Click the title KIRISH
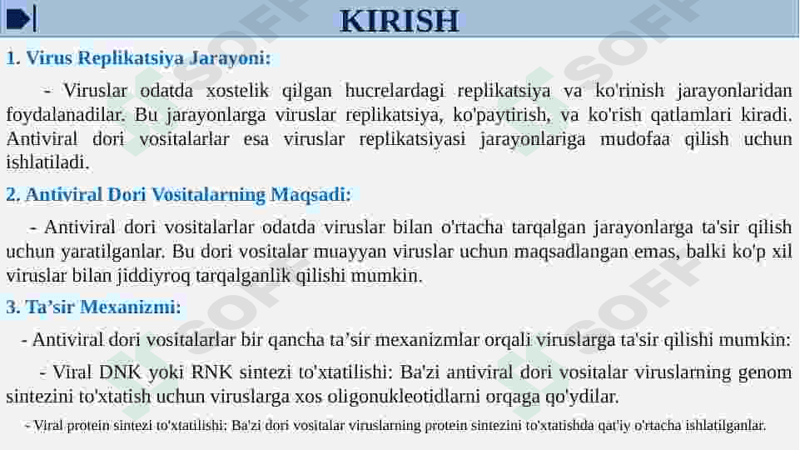point(400,21)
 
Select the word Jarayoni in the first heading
point(230,58)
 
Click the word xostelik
point(237,91)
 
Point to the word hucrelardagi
point(395,92)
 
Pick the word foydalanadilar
point(65,116)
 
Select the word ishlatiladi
point(47,162)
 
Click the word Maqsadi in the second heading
point(311,196)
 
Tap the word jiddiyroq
point(153,276)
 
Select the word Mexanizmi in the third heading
point(131,307)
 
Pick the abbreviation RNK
point(211,372)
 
